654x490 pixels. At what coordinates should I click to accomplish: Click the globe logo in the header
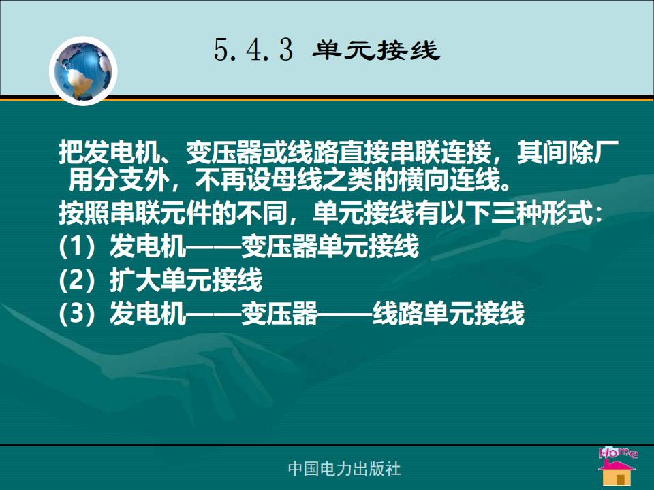coord(83,71)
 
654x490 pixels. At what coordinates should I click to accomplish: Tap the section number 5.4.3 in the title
coord(253,50)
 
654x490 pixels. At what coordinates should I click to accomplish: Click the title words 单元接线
coord(376,50)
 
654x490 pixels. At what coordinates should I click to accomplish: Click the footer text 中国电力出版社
coord(345,468)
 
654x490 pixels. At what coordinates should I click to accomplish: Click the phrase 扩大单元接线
coord(186,279)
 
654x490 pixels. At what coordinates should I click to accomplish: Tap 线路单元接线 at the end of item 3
coord(448,313)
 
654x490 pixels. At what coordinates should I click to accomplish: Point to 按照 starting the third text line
coord(84,213)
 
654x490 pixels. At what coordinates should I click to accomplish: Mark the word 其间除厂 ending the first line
coord(568,152)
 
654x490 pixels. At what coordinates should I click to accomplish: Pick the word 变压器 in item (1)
coord(279,246)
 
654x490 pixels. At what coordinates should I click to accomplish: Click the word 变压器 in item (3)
coord(279,313)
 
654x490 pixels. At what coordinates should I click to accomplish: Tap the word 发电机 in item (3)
coord(148,313)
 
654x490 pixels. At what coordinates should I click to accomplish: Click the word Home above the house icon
coord(618,453)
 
